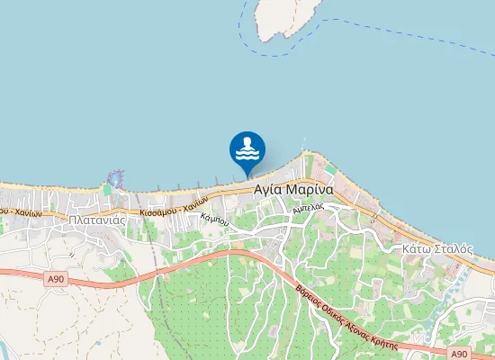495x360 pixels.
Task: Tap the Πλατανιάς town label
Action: point(95,218)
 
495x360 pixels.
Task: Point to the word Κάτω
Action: point(416,247)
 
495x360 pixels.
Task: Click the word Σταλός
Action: point(448,247)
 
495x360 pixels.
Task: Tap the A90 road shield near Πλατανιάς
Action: point(57,280)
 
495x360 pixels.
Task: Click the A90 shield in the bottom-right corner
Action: point(459,354)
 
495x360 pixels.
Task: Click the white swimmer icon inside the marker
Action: point(247,146)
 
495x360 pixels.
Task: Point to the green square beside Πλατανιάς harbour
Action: point(107,189)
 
